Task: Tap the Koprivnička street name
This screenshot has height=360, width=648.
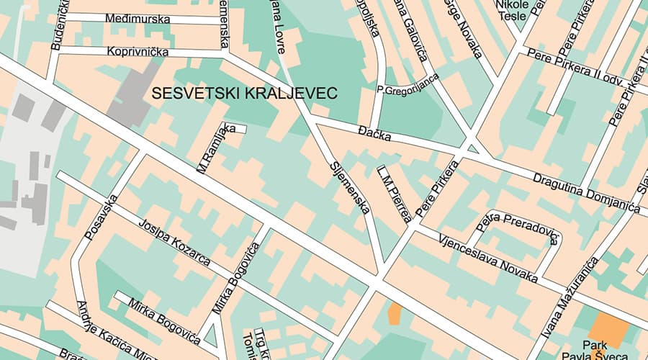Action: click(x=137, y=52)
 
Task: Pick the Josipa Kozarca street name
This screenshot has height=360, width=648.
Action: click(x=174, y=243)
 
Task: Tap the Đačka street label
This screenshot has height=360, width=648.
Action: click(x=374, y=132)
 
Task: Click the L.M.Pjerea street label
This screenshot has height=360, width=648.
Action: click(x=395, y=192)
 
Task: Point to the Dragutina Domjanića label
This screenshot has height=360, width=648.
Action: click(x=586, y=192)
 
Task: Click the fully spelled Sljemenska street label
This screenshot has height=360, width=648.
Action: click(x=350, y=187)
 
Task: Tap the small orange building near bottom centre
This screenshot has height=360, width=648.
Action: click(x=395, y=313)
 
